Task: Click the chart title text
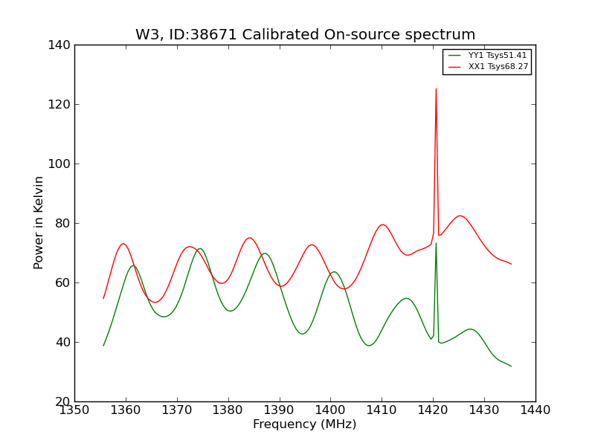[305, 35]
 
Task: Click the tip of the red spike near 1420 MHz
[436, 89]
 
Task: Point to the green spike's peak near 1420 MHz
[436, 243]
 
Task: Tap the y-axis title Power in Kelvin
[39, 223]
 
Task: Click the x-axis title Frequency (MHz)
[305, 424]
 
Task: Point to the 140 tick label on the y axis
[62, 45]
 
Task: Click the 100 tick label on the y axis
[62, 164]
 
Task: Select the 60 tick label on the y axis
[65, 282]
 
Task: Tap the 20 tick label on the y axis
[65, 401]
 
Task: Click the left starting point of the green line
[103, 346]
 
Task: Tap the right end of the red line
[511, 264]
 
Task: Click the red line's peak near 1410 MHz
[382, 224]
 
